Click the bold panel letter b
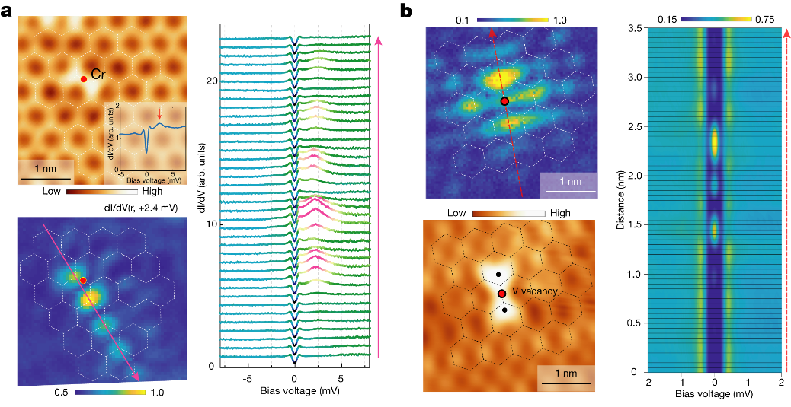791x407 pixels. [406, 11]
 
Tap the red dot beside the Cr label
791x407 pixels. [83, 78]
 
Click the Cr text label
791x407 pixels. [98, 75]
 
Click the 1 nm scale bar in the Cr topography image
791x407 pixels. [46, 179]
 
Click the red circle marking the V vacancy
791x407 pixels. [501, 294]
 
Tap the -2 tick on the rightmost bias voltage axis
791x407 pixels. [646, 383]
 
